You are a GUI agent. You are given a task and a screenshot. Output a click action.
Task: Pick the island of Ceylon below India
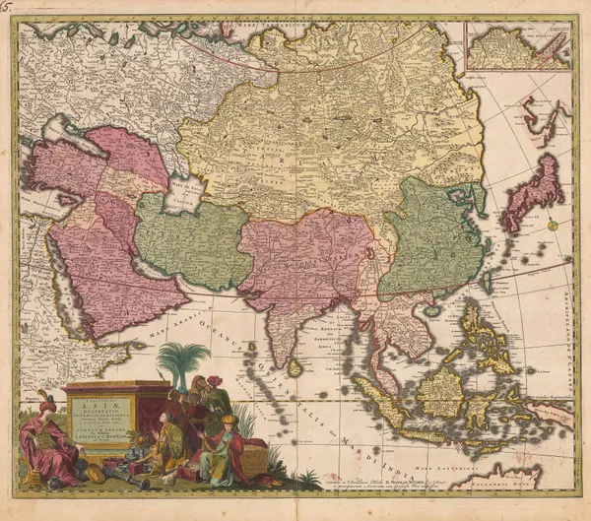tap(295, 366)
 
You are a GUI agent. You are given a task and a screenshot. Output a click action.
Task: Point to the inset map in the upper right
tap(518, 45)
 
